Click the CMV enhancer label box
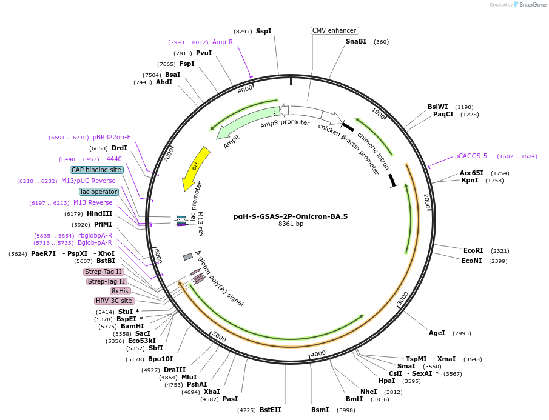(334, 30)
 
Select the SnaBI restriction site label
(356, 42)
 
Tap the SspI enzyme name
(263, 31)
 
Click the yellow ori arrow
(196, 168)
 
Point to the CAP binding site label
(96, 170)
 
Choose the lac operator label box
(99, 192)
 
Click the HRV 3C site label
(114, 301)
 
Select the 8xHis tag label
(120, 291)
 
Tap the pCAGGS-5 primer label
(471, 156)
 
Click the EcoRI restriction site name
(473, 250)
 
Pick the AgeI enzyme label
(437, 333)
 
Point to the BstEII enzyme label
(271, 410)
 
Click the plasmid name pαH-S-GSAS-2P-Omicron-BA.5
(291, 216)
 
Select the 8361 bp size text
(291, 224)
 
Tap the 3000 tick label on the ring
(403, 298)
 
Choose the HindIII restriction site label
(99, 213)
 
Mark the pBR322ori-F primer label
(112, 137)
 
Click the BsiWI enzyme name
(437, 107)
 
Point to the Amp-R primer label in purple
(223, 42)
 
